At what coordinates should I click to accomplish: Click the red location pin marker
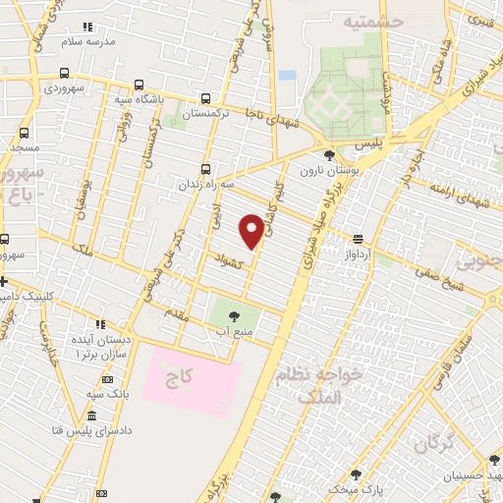click(252, 230)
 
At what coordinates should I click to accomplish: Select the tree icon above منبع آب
click(234, 315)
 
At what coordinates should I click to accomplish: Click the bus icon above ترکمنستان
click(205, 98)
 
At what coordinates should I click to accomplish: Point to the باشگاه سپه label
click(160, 99)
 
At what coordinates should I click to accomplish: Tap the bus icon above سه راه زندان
click(205, 168)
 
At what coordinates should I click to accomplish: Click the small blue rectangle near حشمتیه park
click(287, 75)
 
